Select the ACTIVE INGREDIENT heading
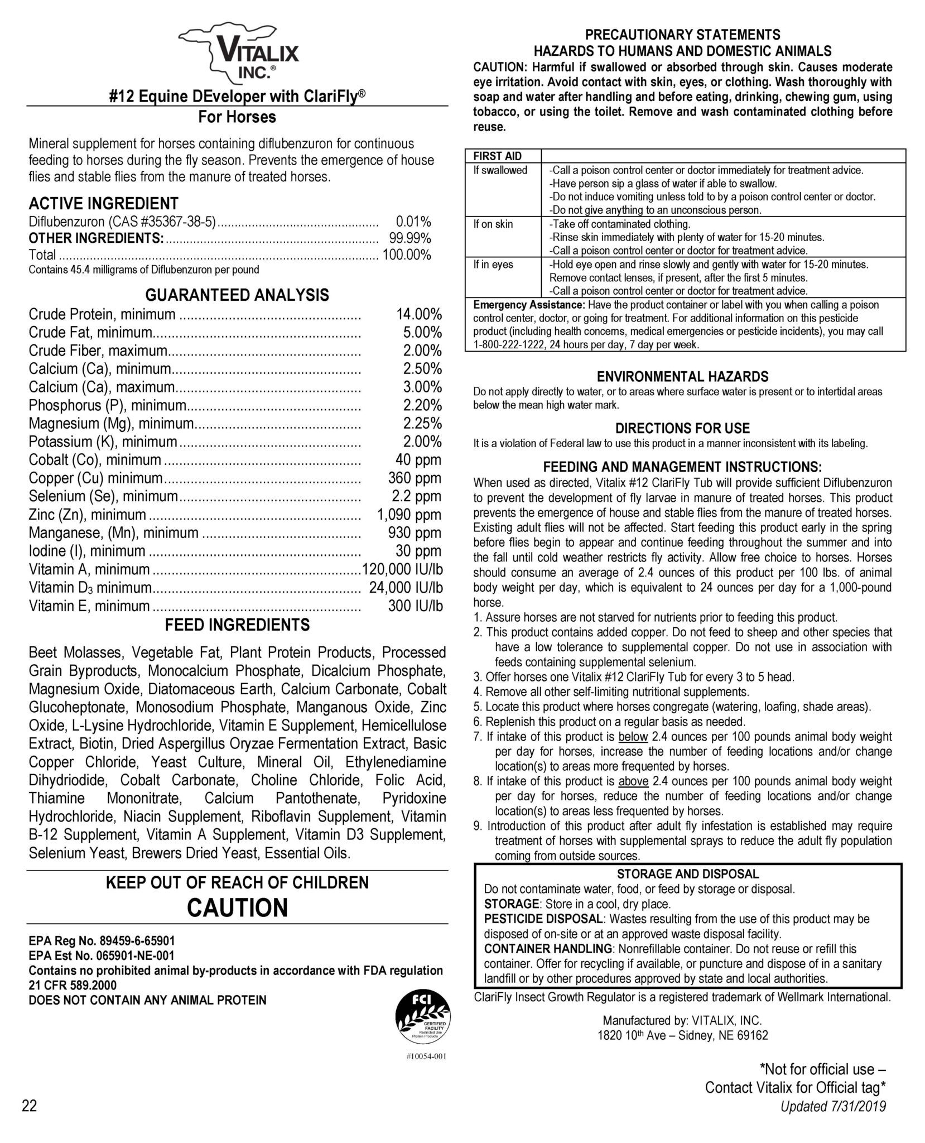[104, 203]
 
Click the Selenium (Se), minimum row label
[103, 496]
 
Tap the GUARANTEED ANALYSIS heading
[237, 295]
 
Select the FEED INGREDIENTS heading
[237, 625]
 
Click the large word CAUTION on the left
[237, 908]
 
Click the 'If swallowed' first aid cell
[500, 170]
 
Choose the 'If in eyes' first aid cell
[493, 264]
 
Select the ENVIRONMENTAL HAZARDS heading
[682, 376]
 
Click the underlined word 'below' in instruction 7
[633, 737]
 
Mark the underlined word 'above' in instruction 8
[634, 781]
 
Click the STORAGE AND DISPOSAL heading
[688, 874]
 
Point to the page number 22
[30, 1106]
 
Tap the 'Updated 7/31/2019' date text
[834, 1106]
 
